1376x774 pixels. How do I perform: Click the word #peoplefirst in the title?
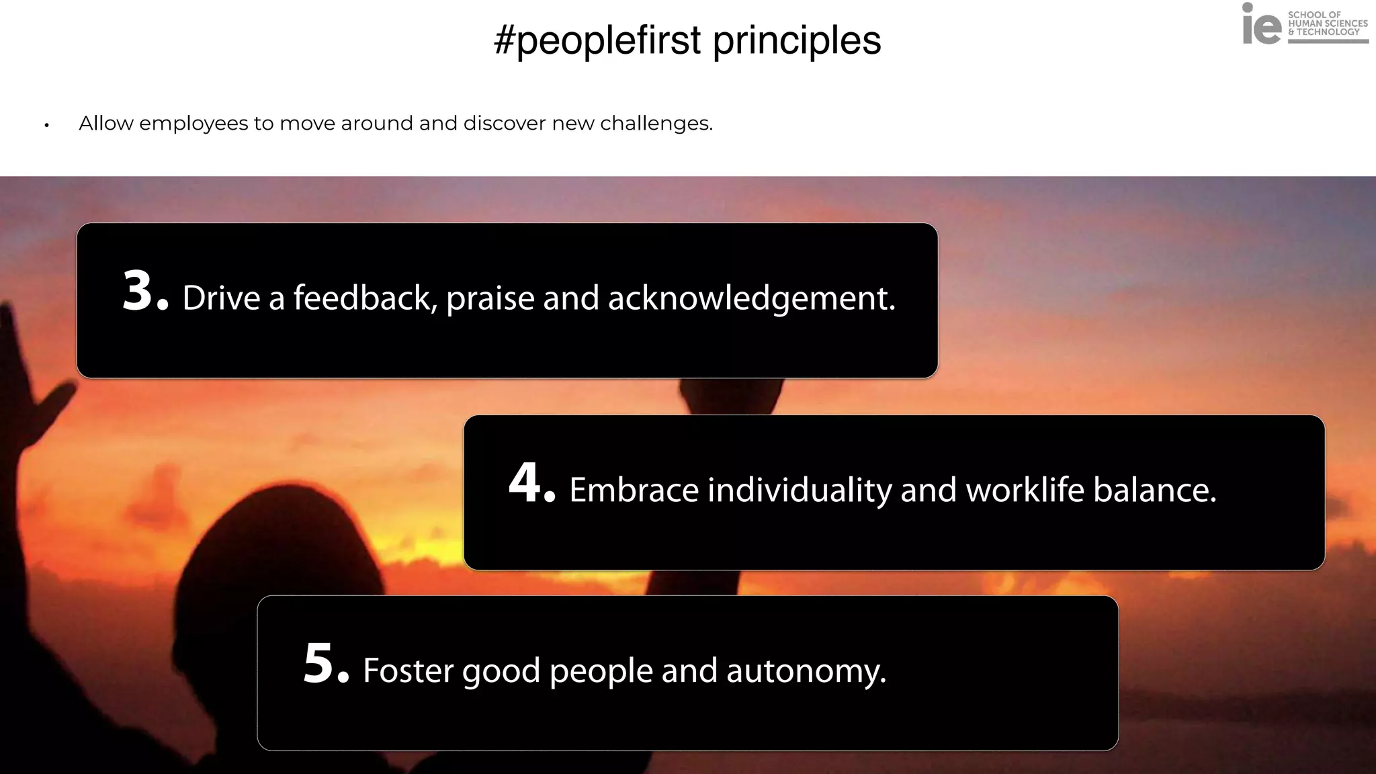[x=597, y=40]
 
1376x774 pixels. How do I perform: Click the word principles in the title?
[x=797, y=40]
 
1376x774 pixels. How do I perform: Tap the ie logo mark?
[x=1261, y=25]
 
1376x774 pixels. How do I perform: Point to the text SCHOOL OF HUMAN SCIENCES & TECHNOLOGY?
[x=1327, y=24]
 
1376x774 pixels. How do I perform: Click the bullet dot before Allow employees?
[x=46, y=125]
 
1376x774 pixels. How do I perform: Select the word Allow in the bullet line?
[x=105, y=124]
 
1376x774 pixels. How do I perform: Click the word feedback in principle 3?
[x=365, y=298]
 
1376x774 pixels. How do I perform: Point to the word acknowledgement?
[x=751, y=298]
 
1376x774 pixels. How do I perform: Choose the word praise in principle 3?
[x=490, y=298]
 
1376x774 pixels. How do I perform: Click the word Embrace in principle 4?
[x=634, y=490]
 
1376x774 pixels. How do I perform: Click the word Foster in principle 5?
[x=408, y=671]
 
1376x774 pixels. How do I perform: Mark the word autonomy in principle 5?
[x=806, y=671]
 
